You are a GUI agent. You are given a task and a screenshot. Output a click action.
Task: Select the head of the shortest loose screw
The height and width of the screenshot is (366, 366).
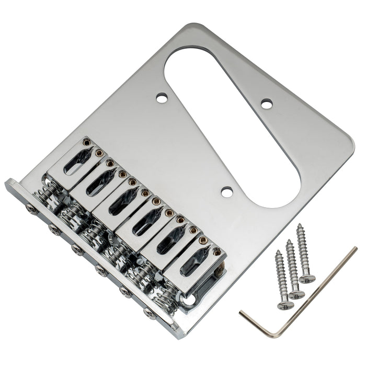[285, 305]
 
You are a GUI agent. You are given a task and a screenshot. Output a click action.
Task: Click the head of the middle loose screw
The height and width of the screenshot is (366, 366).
[296, 294]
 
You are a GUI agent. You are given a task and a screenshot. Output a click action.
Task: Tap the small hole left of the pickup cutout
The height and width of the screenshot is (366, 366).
[162, 97]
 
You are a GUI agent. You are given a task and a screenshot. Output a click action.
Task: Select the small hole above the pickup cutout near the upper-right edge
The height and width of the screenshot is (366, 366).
[267, 104]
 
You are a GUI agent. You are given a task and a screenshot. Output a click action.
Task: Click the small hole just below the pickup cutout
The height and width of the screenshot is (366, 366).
[227, 192]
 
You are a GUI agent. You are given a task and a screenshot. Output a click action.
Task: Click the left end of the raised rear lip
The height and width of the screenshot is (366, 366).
[12, 186]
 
